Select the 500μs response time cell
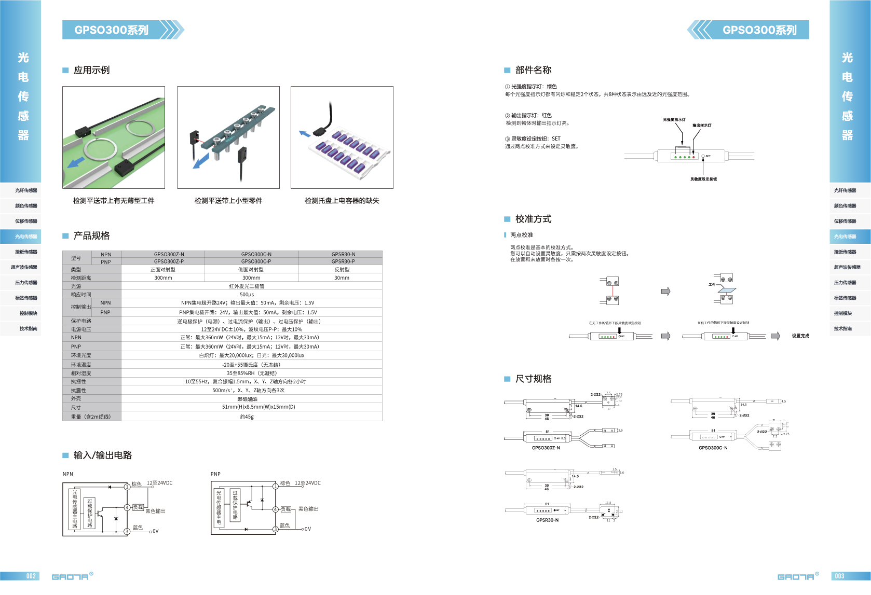(247, 295)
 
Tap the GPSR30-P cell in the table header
(343, 261)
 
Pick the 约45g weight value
(247, 417)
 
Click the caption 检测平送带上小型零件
(228, 201)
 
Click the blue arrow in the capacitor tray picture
(304, 134)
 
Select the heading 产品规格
(91, 236)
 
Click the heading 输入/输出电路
(102, 455)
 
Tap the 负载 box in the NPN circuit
(138, 507)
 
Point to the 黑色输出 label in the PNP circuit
(308, 509)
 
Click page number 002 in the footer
(31, 576)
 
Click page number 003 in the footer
(839, 576)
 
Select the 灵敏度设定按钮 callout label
(703, 179)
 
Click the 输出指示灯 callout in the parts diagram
(702, 126)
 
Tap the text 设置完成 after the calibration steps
(800, 336)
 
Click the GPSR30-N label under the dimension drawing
(547, 520)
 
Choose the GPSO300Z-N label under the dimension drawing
(546, 448)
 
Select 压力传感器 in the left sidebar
(26, 283)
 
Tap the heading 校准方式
(533, 219)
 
